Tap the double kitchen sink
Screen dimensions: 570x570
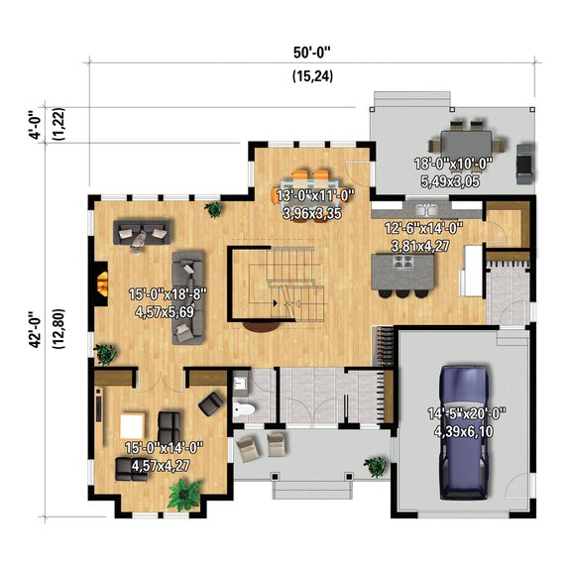[426, 210]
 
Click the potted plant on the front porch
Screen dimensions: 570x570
[376, 465]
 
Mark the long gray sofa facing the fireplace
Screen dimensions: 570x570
[187, 295]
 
